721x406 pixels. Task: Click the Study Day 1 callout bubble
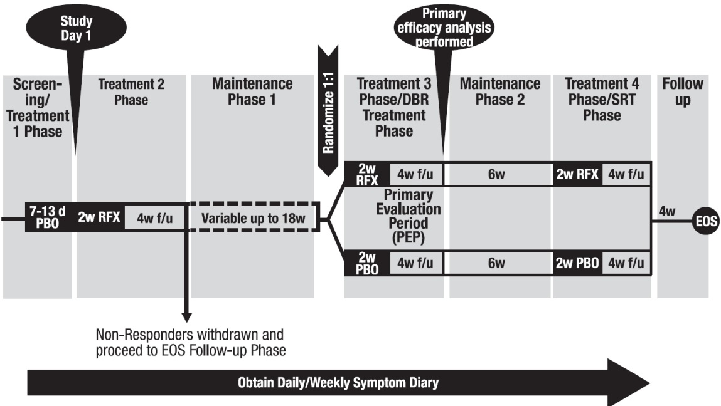pos(76,28)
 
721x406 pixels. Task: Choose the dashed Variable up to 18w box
pos(253,219)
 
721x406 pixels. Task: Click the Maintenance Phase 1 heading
pos(252,91)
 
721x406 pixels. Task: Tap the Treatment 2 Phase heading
pos(131,91)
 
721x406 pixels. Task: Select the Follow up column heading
pos(683,91)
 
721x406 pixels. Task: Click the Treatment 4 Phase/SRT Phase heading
pos(601,99)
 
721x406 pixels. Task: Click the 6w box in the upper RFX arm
pos(496,175)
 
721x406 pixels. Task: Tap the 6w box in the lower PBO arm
pos(496,263)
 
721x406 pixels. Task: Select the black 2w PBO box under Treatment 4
pos(576,263)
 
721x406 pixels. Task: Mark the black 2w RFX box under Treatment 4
pos(576,175)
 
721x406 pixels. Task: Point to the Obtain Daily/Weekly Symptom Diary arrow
pos(339,383)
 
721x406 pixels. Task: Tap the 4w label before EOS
pos(667,212)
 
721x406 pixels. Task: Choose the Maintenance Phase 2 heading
pos(499,91)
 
